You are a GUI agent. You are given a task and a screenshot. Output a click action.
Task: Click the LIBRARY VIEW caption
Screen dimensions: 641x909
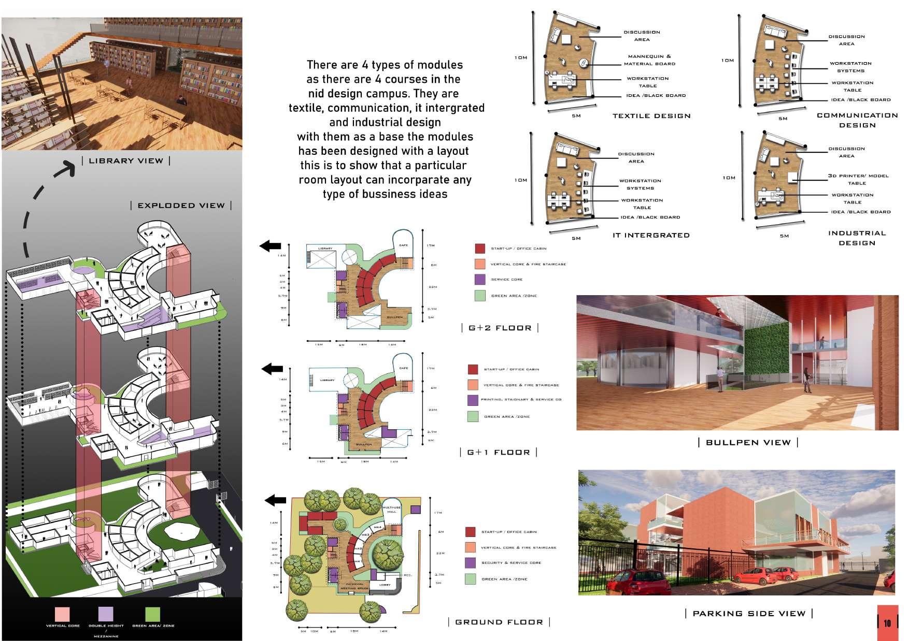tap(126, 161)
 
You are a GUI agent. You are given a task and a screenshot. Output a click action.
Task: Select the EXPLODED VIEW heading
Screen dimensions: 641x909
tap(181, 206)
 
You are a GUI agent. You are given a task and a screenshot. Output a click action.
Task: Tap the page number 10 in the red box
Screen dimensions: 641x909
tap(887, 623)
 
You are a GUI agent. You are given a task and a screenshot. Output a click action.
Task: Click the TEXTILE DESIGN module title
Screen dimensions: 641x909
tap(651, 116)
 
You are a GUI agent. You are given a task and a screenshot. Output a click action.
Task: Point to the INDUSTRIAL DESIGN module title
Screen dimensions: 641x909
tap(857, 238)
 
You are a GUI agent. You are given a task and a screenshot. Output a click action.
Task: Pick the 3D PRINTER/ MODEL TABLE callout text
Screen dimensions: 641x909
tap(858, 179)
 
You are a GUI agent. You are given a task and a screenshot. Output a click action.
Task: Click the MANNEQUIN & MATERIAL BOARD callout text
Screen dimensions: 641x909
tap(649, 60)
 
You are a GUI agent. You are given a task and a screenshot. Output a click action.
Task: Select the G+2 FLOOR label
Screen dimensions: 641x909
tap(500, 328)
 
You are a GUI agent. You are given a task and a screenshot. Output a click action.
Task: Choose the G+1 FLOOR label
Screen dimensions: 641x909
tap(499, 452)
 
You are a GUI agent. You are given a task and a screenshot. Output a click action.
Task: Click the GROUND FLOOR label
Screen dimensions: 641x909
tap(499, 622)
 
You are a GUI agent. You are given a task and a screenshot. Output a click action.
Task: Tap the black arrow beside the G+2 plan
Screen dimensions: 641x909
tap(270, 246)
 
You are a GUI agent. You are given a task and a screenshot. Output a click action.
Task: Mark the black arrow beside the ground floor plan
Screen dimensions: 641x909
tap(275, 500)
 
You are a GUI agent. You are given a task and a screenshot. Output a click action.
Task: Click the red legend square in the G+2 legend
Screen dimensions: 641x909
tap(480, 249)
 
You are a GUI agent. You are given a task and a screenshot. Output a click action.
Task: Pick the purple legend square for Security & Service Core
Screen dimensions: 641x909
tap(470, 563)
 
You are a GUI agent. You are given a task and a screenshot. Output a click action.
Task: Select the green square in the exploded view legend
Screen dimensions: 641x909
tap(152, 614)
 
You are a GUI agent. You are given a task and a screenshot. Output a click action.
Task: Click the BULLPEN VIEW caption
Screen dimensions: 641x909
tap(748, 442)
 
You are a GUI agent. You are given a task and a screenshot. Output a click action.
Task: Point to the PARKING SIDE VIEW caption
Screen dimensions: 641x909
tap(749, 614)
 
